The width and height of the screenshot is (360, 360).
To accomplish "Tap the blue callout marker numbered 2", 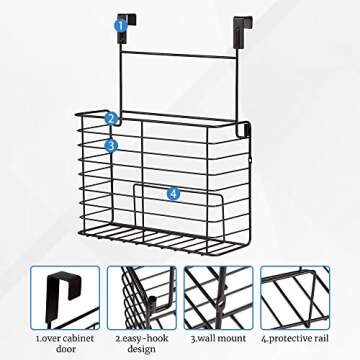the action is [x=111, y=117].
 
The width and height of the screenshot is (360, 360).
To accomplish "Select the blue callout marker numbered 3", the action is [x=111, y=146].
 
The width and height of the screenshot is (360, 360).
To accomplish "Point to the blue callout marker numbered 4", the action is [x=173, y=192].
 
